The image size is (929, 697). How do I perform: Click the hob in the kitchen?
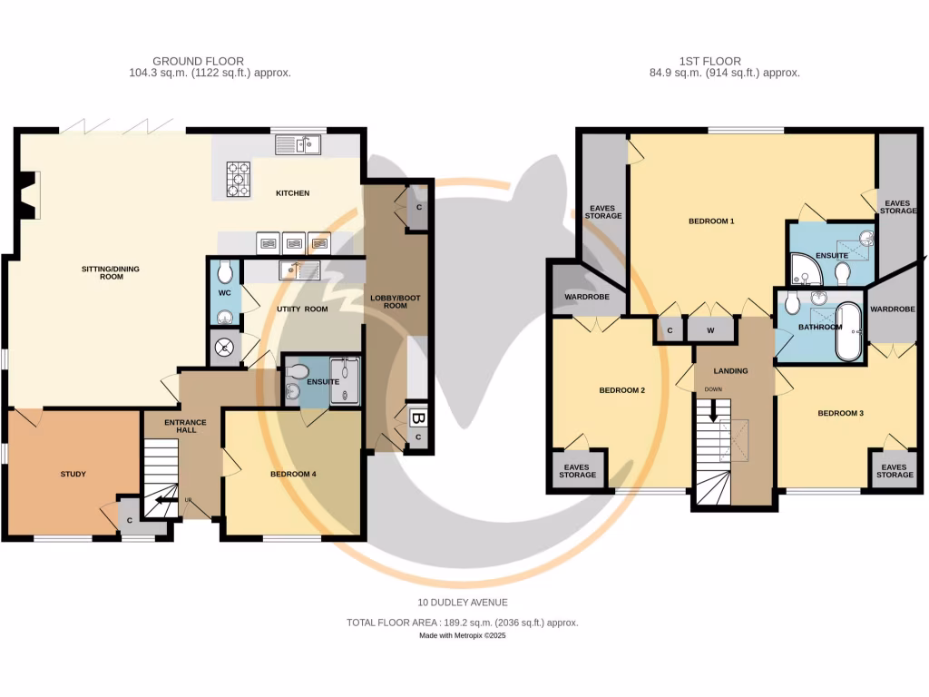pyautogui.click(x=239, y=179)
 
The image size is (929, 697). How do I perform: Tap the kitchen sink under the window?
pyautogui.click(x=298, y=144)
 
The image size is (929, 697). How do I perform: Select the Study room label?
pyautogui.click(x=73, y=474)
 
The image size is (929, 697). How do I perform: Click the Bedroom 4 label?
pyautogui.click(x=293, y=474)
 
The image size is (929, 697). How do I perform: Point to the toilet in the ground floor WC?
pyautogui.click(x=225, y=272)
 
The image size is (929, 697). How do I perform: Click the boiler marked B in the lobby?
pyautogui.click(x=417, y=418)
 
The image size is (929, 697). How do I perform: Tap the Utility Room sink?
pyautogui.click(x=299, y=270)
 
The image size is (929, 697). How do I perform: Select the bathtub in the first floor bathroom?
pyautogui.click(x=848, y=332)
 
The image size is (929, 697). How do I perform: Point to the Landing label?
pyautogui.click(x=730, y=371)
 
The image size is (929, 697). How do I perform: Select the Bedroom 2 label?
pyautogui.click(x=622, y=390)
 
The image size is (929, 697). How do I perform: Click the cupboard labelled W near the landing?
pyautogui.click(x=710, y=330)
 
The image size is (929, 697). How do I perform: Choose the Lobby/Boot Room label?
pyautogui.click(x=396, y=301)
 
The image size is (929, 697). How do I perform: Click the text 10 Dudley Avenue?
pyautogui.click(x=463, y=603)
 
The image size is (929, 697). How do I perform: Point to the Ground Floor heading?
pyautogui.click(x=199, y=61)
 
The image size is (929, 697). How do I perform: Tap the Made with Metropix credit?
pyautogui.click(x=463, y=636)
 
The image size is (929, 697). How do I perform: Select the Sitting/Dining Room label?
pyautogui.click(x=111, y=272)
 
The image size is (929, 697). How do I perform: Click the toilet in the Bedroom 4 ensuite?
pyautogui.click(x=298, y=371)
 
